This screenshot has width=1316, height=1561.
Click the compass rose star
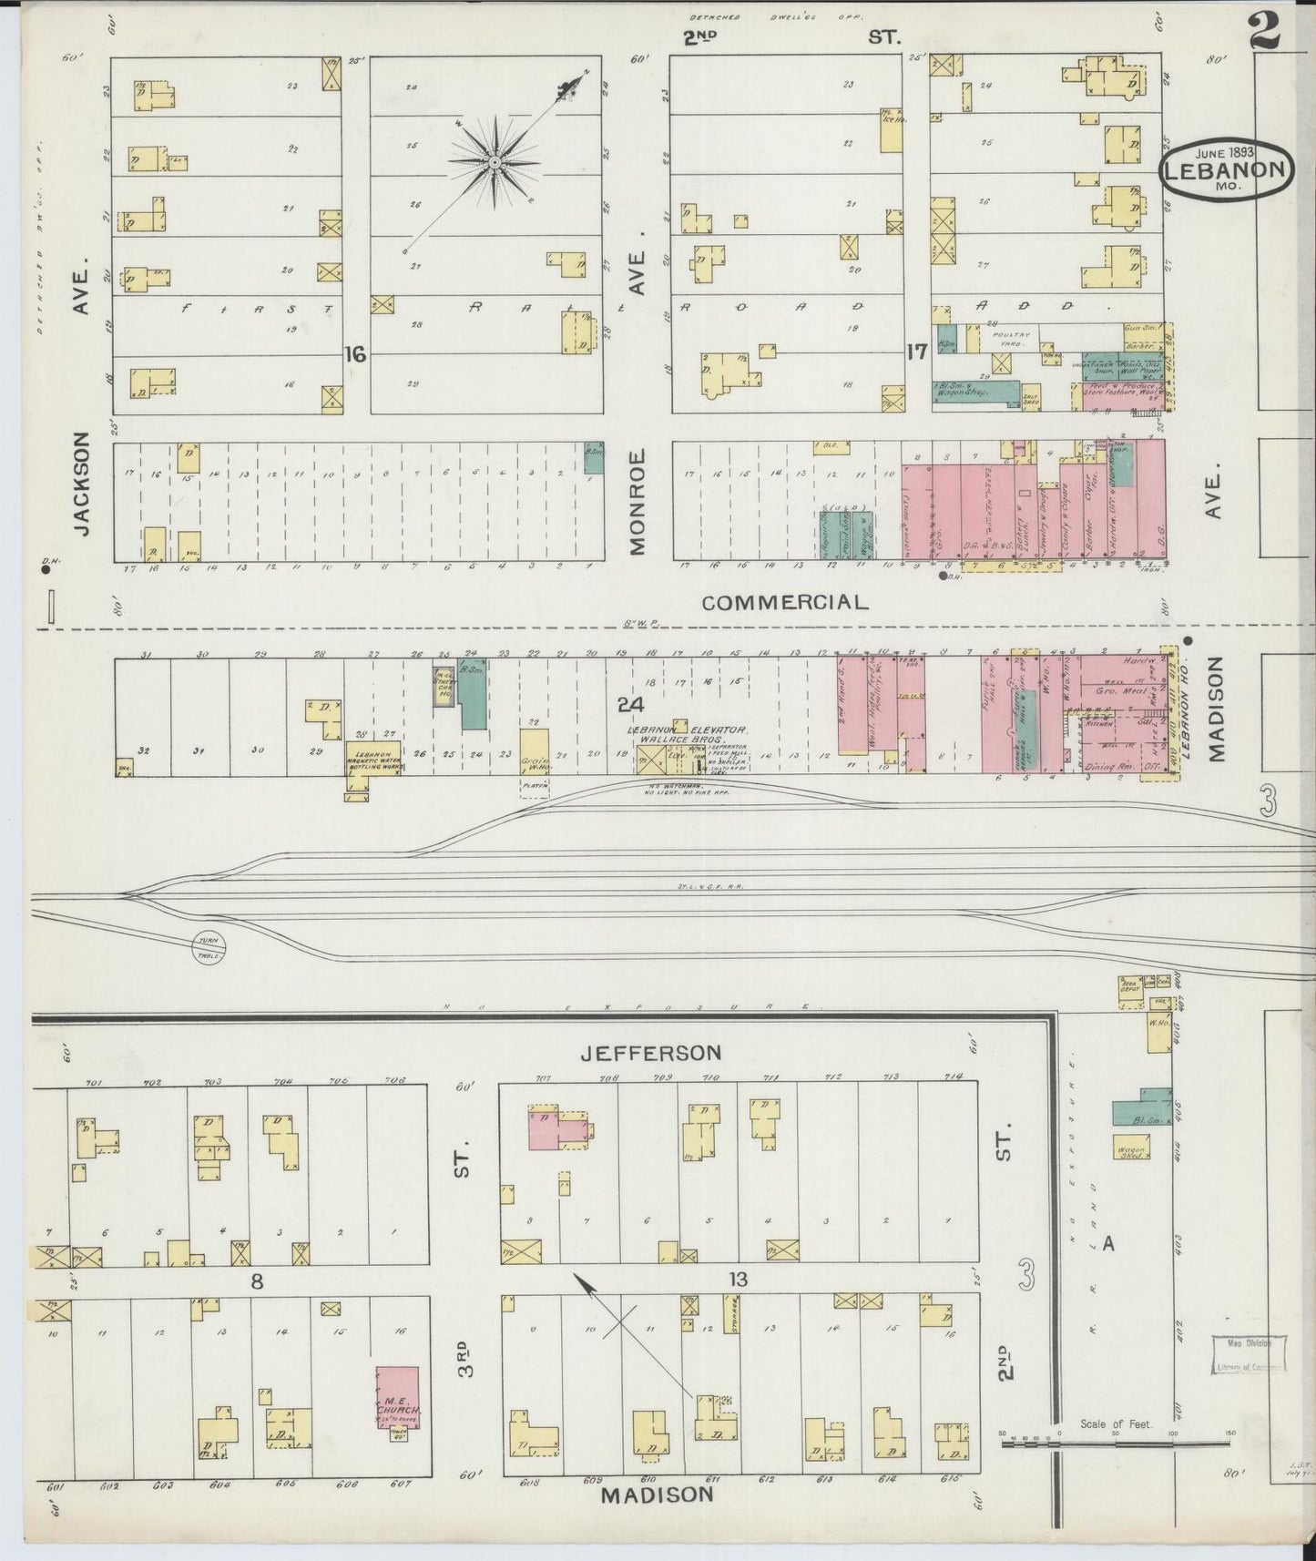493,162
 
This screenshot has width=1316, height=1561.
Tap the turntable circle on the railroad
209,949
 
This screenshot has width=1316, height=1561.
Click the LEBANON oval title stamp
1226,169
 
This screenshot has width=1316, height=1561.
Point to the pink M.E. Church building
399,1396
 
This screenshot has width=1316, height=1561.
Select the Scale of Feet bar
1115,1444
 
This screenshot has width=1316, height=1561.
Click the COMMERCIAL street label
785,602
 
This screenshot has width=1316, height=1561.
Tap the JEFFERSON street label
650,1053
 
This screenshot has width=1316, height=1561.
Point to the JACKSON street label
82,484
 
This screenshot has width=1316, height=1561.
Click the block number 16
354,354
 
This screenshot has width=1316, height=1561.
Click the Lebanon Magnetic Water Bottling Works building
372,758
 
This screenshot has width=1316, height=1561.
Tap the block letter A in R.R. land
1107,1244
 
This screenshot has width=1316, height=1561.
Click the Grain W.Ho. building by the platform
535,750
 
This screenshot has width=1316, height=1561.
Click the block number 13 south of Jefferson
737,1280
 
